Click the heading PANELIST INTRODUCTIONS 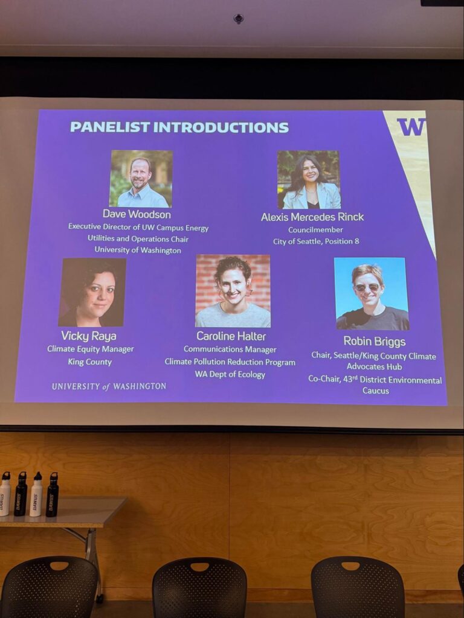[179, 127]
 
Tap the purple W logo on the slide [411, 127]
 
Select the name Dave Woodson [137, 214]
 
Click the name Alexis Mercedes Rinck [312, 217]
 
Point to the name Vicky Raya [89, 336]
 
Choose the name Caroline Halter [231, 336]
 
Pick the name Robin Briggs [375, 341]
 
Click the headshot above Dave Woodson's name [141, 179]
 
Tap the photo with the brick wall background [233, 291]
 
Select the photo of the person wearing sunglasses [372, 294]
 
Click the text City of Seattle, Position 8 [316, 241]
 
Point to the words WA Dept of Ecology [230, 374]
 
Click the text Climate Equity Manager [91, 349]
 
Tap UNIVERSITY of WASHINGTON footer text [109, 386]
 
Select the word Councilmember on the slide [315, 230]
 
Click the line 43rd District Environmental [375, 380]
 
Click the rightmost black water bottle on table [52, 494]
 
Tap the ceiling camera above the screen [238, 19]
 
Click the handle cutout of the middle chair [199, 567]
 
